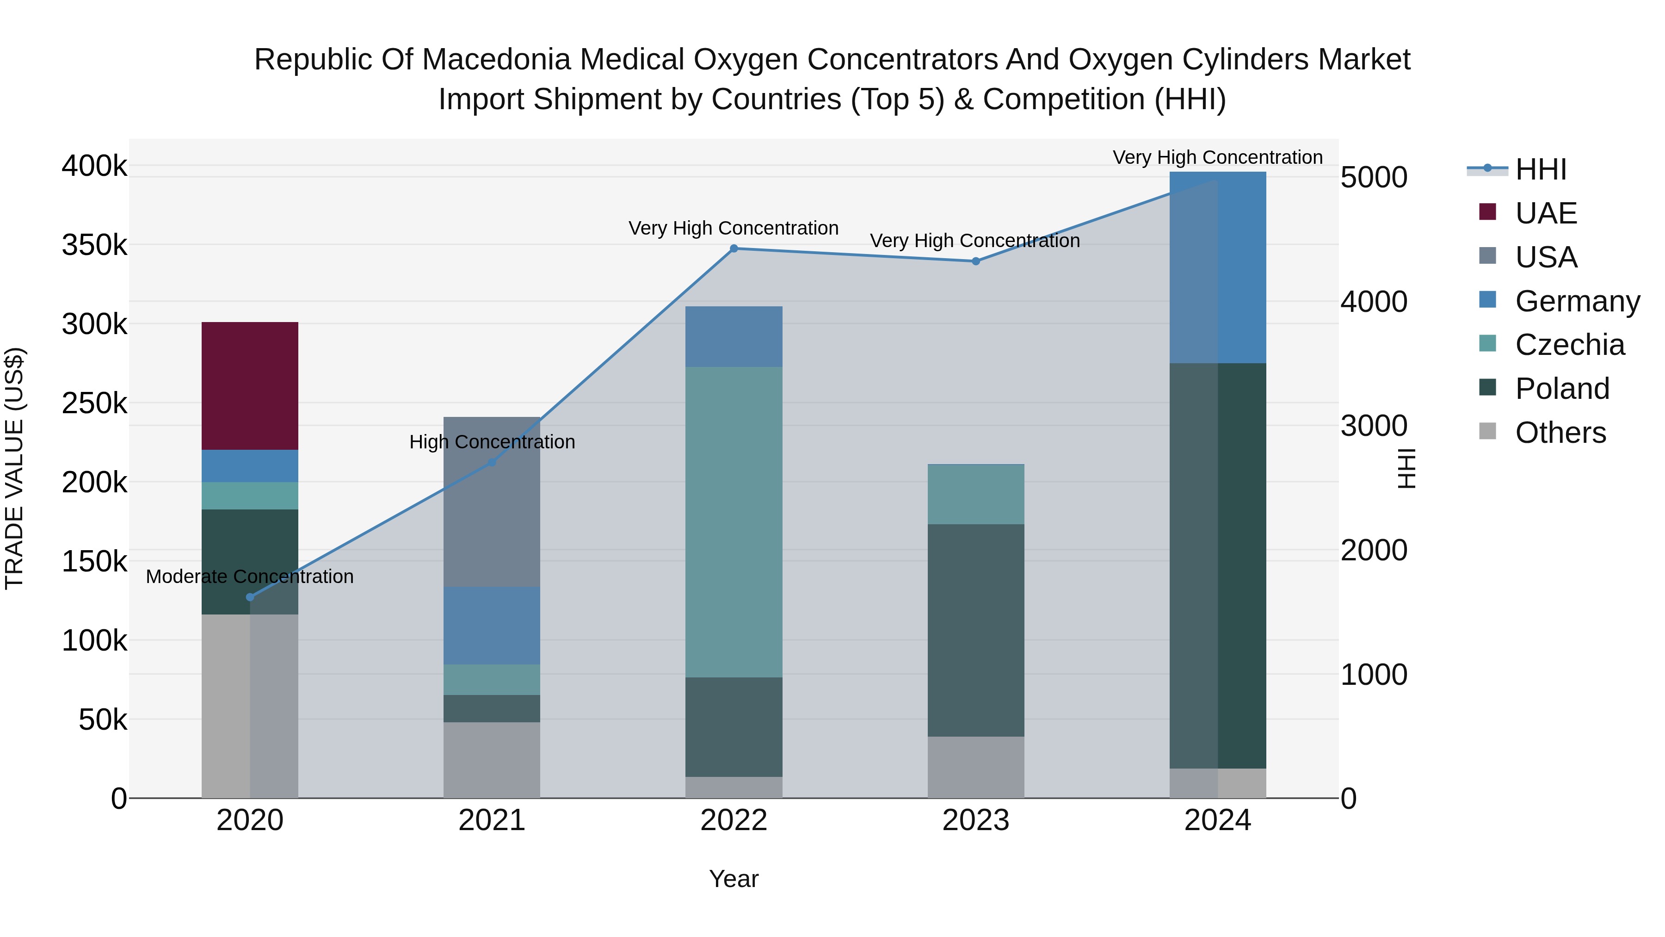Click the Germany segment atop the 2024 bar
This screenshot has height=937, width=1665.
pyautogui.click(x=1218, y=267)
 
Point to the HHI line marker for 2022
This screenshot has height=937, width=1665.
pyautogui.click(x=734, y=248)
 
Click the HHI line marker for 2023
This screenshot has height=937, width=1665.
pyautogui.click(x=976, y=261)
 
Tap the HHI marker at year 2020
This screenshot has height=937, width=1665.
pyautogui.click(x=250, y=597)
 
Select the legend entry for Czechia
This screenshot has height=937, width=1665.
pyautogui.click(x=1569, y=345)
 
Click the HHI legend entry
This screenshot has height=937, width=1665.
pyautogui.click(x=1540, y=169)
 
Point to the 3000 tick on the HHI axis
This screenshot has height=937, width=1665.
pyautogui.click(x=1374, y=426)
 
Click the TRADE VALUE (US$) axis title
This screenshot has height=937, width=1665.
pyautogui.click(x=15, y=468)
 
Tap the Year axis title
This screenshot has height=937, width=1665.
pyautogui.click(x=734, y=879)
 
